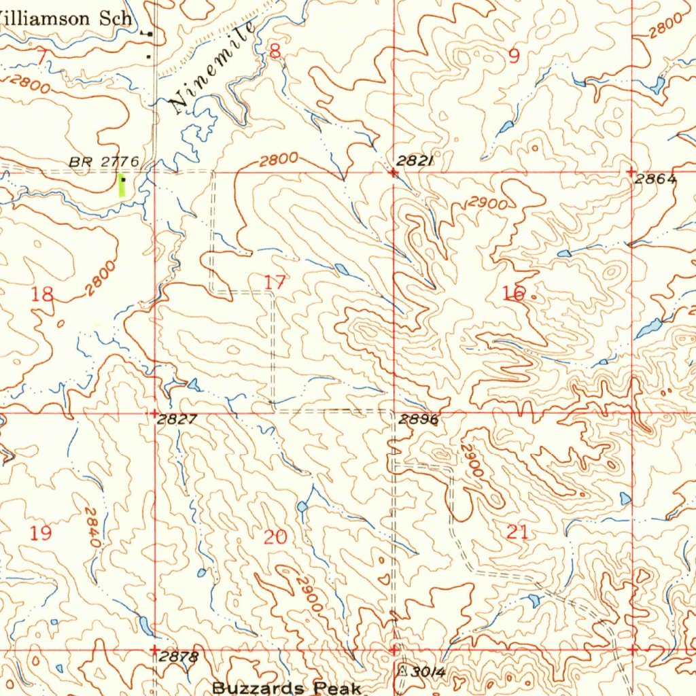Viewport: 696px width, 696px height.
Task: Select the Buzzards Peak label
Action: tap(286, 687)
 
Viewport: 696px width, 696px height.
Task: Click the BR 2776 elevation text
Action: tap(104, 162)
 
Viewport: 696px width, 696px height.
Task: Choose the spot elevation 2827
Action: tap(177, 420)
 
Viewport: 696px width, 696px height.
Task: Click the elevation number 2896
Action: tap(419, 420)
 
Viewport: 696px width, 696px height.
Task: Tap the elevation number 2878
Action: tap(179, 657)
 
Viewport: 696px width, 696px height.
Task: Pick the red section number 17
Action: tap(275, 282)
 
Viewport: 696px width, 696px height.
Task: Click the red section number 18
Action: tap(42, 294)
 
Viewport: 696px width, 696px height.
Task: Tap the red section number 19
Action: tap(41, 532)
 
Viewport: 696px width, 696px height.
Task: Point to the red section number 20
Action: tap(275, 538)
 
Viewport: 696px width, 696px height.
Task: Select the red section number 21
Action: tap(517, 532)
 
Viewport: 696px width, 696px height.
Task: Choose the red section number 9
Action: tap(514, 56)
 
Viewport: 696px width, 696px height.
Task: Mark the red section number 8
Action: tap(275, 51)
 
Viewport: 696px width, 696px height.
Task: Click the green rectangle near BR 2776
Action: tap(122, 186)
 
